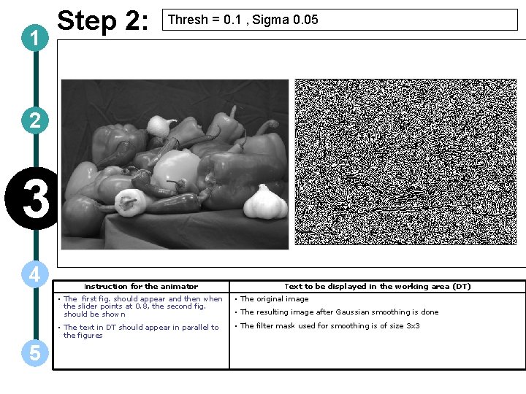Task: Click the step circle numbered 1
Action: pos(35,38)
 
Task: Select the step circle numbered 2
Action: pos(35,120)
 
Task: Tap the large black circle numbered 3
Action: pos(33,198)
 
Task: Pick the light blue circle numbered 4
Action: pos(35,274)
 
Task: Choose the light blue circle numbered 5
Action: pos(35,353)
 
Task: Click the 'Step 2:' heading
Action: pos(103,20)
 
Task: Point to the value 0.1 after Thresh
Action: pos(232,20)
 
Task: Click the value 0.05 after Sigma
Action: pos(305,20)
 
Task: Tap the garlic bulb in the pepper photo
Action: pos(265,202)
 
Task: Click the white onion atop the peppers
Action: pos(160,125)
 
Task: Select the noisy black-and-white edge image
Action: pos(405,162)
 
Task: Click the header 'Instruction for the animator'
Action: pos(141,287)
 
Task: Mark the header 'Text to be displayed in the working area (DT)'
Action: pos(378,287)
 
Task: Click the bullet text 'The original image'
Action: pos(275,299)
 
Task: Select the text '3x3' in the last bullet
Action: pos(413,325)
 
